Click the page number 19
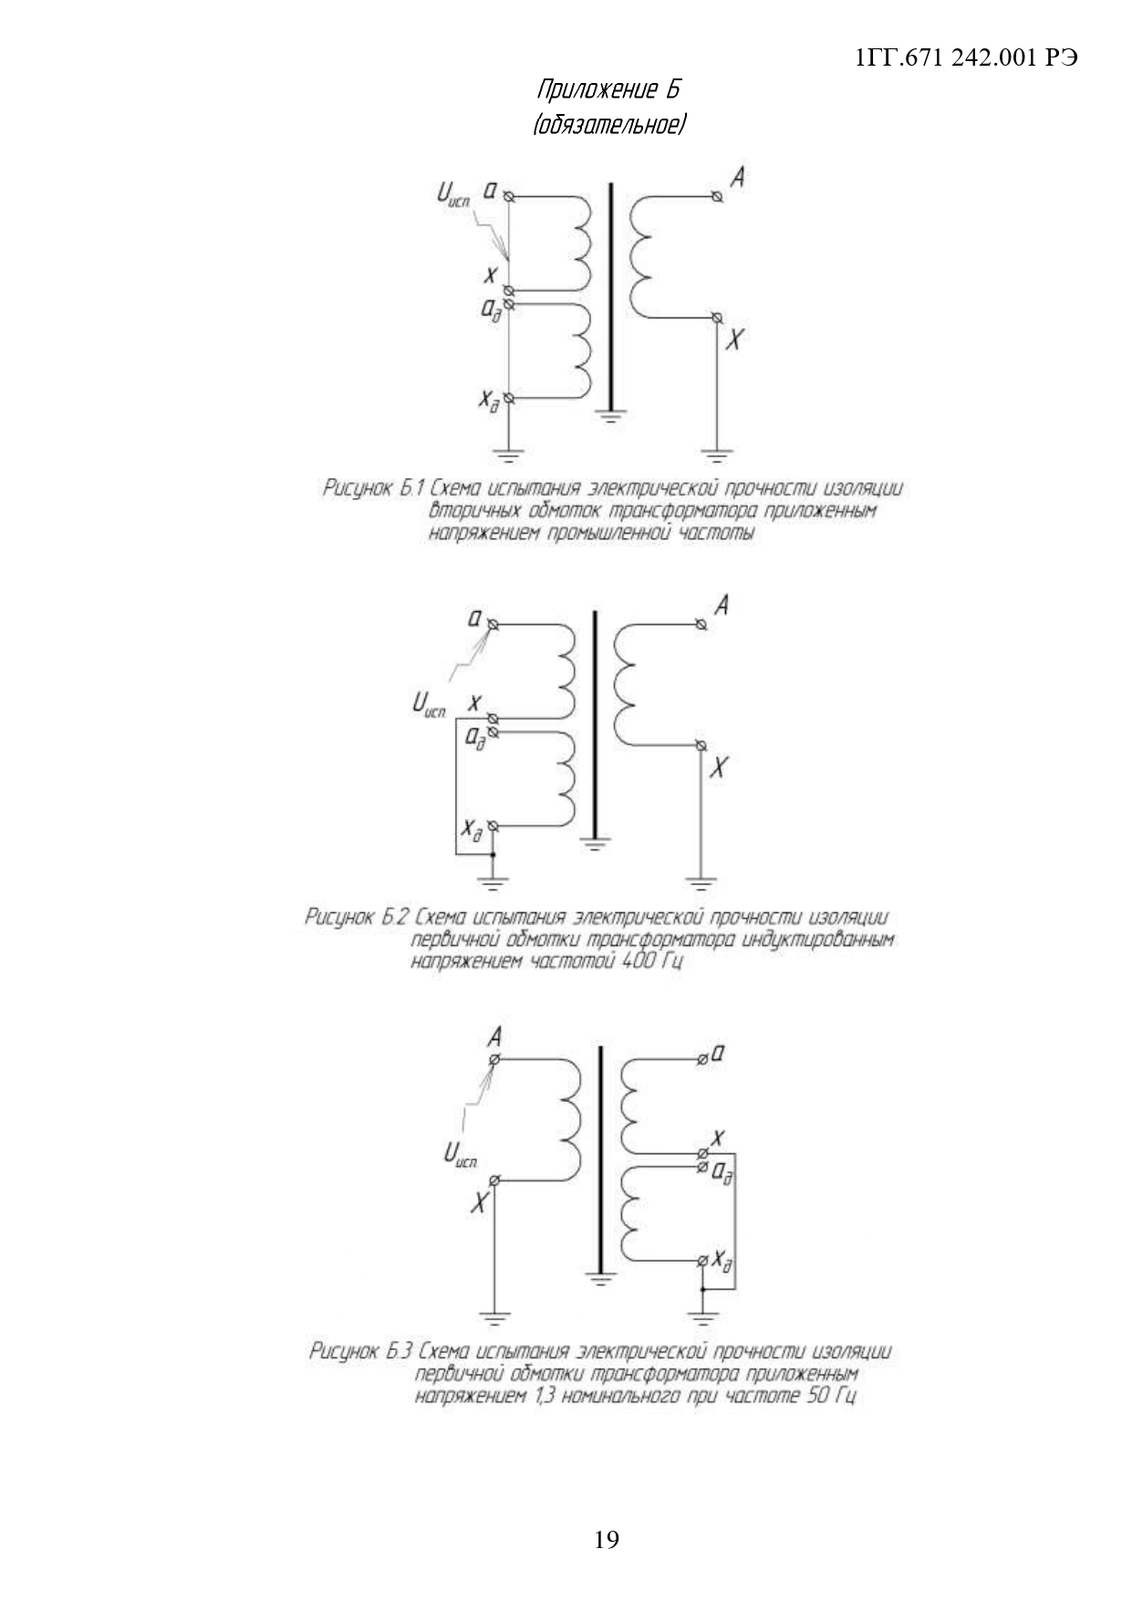pos(606,1540)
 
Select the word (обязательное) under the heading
pos(608,123)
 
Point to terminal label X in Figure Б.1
pos(735,340)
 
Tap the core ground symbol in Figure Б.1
pos(611,419)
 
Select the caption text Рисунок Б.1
pos(375,489)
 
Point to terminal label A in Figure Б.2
pos(720,605)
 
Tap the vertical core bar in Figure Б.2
pos(595,721)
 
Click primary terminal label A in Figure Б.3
pos(495,1037)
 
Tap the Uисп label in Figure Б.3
pos(461,1156)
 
